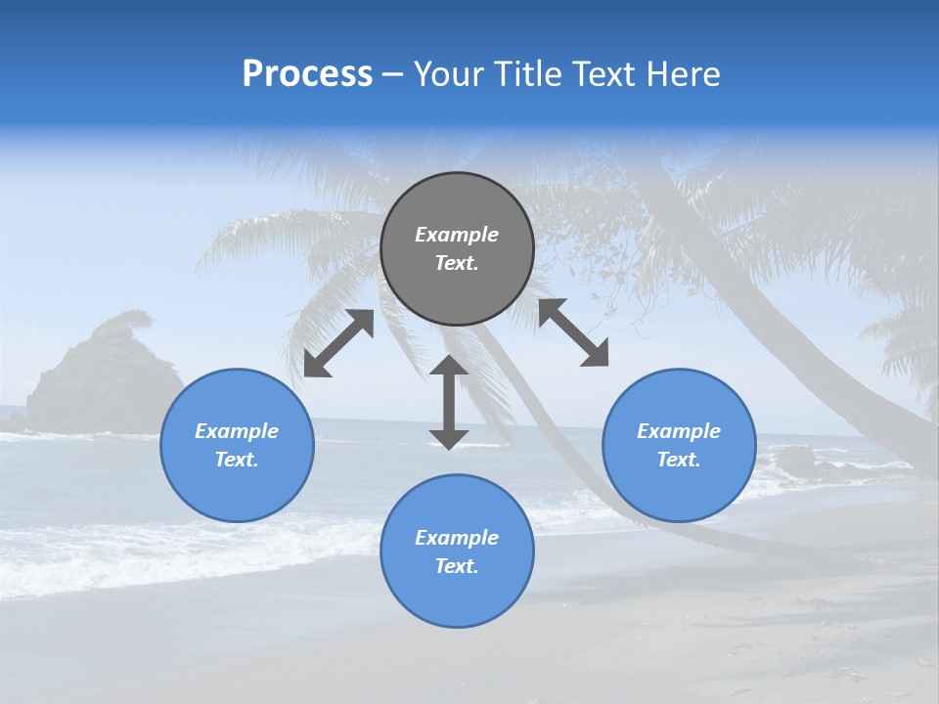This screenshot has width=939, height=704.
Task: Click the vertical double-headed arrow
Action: click(x=449, y=402)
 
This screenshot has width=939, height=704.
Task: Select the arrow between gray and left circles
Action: click(x=338, y=343)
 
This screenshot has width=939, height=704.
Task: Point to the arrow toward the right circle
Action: click(x=573, y=332)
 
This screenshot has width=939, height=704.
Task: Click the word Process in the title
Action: click(x=307, y=74)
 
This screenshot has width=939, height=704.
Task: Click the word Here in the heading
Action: click(x=683, y=74)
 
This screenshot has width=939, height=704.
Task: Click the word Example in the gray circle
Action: click(x=457, y=235)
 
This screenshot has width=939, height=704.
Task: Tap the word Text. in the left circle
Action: click(x=237, y=460)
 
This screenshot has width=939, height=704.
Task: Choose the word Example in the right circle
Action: click(x=679, y=431)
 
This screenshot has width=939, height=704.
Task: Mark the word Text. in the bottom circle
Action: click(x=457, y=566)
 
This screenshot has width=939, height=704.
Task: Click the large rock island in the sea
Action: click(x=103, y=376)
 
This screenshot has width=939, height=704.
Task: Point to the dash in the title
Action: click(x=392, y=75)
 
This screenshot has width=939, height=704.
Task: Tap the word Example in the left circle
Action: click(x=237, y=431)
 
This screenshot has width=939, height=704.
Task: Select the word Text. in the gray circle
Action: click(x=457, y=263)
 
